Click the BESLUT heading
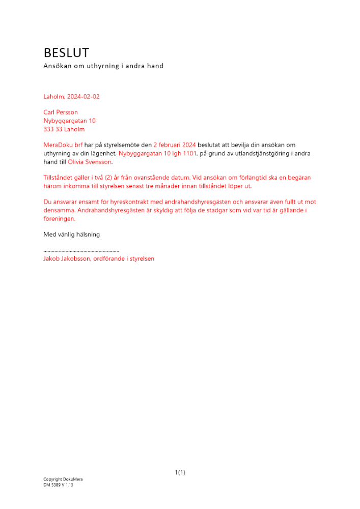(66, 52)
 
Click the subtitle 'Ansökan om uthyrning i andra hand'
(103, 66)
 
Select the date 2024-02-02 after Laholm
(83, 97)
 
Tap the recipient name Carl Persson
(61, 112)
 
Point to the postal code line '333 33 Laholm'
(64, 129)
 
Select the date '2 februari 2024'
(175, 145)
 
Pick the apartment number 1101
(187, 153)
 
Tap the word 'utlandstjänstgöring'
(256, 153)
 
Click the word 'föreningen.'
(60, 218)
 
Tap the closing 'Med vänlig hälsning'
(71, 235)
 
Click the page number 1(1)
(180, 473)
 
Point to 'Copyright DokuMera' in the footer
(63, 479)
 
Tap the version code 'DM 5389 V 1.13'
(59, 485)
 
